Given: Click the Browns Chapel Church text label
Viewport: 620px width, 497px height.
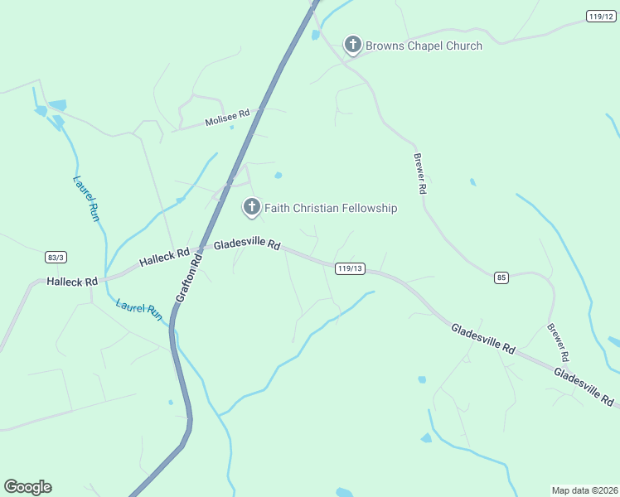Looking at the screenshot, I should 424,46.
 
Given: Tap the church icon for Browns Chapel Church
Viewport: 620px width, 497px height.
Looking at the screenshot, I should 352,44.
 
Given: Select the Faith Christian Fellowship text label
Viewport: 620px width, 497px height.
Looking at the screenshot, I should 330,208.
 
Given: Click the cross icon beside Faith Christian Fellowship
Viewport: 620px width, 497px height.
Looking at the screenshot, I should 251,206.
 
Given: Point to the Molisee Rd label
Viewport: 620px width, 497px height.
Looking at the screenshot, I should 227,118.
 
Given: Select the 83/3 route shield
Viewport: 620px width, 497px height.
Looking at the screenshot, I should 56,258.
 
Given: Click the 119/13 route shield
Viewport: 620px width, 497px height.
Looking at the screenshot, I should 351,268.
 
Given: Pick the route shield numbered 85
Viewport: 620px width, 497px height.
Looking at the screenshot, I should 501,277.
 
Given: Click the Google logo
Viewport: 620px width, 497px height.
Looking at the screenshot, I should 27,487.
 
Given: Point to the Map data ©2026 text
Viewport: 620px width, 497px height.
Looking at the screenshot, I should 584,490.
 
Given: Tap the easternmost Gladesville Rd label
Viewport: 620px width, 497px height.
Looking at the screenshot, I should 584,388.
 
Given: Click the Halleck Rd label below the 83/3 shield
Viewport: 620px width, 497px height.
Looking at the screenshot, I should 72,282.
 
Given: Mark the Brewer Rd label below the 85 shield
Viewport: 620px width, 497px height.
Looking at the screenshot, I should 558,342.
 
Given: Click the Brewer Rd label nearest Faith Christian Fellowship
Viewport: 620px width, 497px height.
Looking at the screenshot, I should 420,174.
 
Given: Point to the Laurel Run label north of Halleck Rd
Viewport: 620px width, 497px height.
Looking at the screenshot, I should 86,198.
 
